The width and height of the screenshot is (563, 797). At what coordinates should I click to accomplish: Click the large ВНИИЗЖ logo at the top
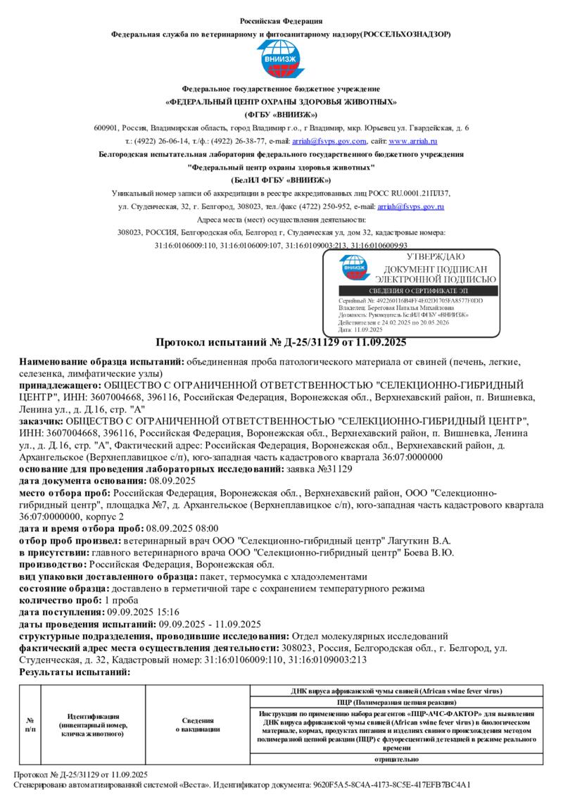pyautogui.click(x=281, y=60)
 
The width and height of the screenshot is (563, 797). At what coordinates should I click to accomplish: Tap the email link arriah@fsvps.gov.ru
pyautogui.click(x=410, y=206)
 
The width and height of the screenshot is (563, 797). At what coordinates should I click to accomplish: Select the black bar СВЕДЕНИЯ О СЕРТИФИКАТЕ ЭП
pyautogui.click(x=418, y=291)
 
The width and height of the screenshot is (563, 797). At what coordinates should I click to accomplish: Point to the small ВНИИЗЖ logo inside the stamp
pyautogui.click(x=353, y=267)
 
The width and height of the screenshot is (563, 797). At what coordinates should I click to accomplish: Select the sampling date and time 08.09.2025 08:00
pyautogui.click(x=182, y=528)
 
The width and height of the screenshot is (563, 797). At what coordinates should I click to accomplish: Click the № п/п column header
pyautogui.click(x=30, y=724)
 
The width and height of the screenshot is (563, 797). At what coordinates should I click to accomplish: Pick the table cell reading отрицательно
pyautogui.click(x=398, y=759)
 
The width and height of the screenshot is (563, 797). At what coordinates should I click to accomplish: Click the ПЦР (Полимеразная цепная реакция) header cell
pyautogui.click(x=398, y=702)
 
